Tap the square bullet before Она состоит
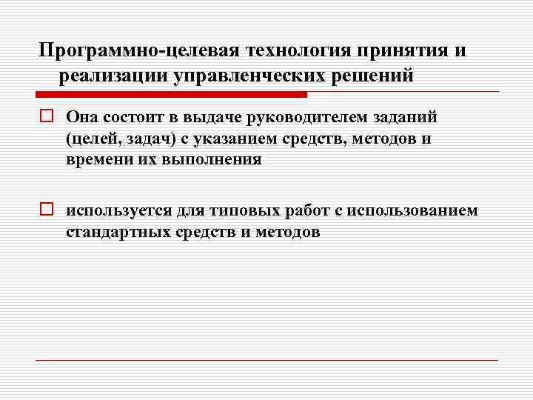pyautogui.click(x=47, y=116)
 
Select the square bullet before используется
pyautogui.click(x=47, y=211)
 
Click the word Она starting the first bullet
pyautogui.click(x=81, y=116)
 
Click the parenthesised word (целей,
pyautogui.click(x=93, y=139)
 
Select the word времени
pyautogui.click(x=97, y=160)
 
